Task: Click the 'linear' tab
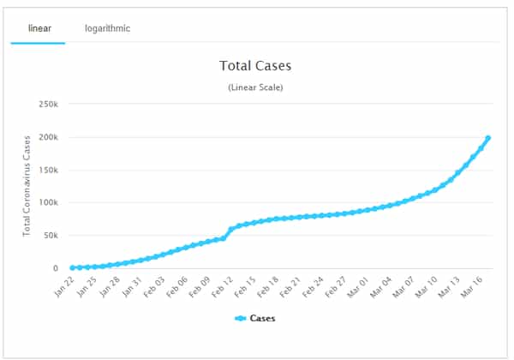pos(39,28)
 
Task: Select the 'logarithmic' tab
pos(107,28)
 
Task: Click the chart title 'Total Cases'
pos(255,65)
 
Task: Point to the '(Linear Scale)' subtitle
pos(255,87)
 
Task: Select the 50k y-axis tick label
pos(50,236)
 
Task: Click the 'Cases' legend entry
pos(255,319)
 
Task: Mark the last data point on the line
pos(488,138)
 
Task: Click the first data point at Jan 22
pos(72,267)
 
